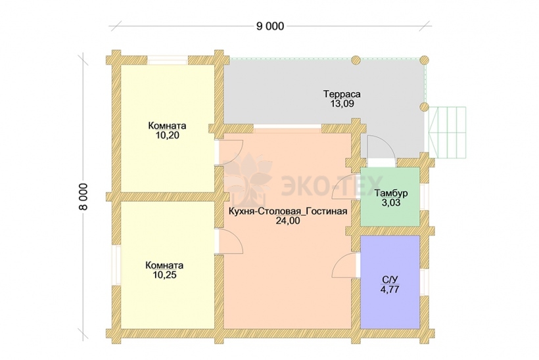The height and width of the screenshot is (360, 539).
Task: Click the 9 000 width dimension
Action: point(270,26)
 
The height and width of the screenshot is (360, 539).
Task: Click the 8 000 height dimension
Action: point(84,196)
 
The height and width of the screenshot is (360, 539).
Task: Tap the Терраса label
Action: point(342,94)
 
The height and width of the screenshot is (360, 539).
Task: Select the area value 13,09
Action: point(342,103)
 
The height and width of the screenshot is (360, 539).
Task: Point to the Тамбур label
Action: point(391,193)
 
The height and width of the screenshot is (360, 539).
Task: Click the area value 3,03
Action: point(391,203)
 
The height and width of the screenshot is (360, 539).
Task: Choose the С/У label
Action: point(390,279)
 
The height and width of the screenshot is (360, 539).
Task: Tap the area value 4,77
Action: point(390,289)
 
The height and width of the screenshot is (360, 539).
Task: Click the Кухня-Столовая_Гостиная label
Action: point(288,212)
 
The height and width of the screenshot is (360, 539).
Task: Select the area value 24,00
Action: point(288,221)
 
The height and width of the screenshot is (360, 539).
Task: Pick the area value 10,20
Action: point(168,135)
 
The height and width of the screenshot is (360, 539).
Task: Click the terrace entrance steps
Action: point(447,132)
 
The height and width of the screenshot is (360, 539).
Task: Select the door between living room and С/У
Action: point(346,265)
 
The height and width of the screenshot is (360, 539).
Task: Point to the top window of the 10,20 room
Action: point(168,61)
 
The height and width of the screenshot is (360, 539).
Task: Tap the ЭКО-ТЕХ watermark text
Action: point(332,186)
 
